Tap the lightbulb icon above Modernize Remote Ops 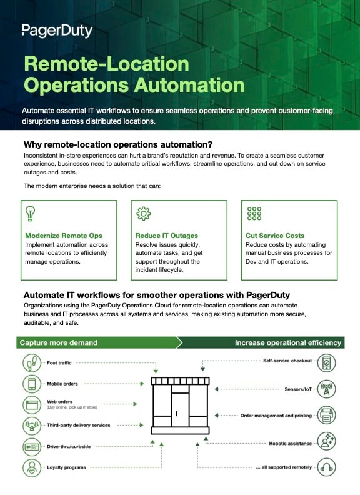point(29,213)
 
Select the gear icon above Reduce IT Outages point(143,213)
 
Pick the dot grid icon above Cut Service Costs point(254,213)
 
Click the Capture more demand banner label point(59,342)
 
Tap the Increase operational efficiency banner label point(288,342)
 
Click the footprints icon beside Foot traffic point(32,363)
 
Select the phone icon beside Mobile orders point(32,383)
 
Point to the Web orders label point(61,401)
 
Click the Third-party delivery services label point(78,425)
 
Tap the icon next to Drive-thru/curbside point(32,447)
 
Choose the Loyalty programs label point(66,467)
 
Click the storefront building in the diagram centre point(180,406)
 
